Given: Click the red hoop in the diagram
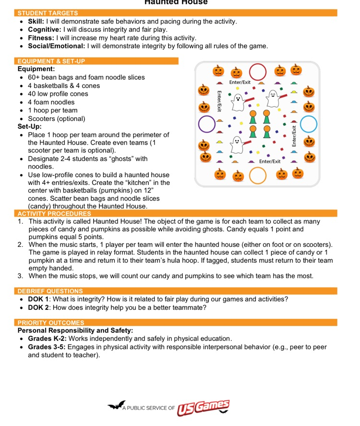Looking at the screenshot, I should (x=258, y=72).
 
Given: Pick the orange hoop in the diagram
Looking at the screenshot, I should (x=258, y=175).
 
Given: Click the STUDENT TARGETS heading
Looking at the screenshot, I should (x=48, y=13).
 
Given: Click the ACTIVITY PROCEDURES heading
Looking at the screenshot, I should (x=54, y=213).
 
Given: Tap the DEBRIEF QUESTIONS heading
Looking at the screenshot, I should (x=50, y=291).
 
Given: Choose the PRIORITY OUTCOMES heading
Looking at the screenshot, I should (x=51, y=323).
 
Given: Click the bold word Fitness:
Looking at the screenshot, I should (x=41, y=38).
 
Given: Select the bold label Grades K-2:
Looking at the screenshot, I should (x=47, y=339).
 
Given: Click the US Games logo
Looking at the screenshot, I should (x=203, y=408).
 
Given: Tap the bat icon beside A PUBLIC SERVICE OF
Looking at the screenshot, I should (x=116, y=406).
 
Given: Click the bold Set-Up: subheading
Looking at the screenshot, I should (x=29, y=127).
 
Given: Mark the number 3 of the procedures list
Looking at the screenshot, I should (x=21, y=276).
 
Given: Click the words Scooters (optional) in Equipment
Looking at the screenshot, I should (x=56, y=119).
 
